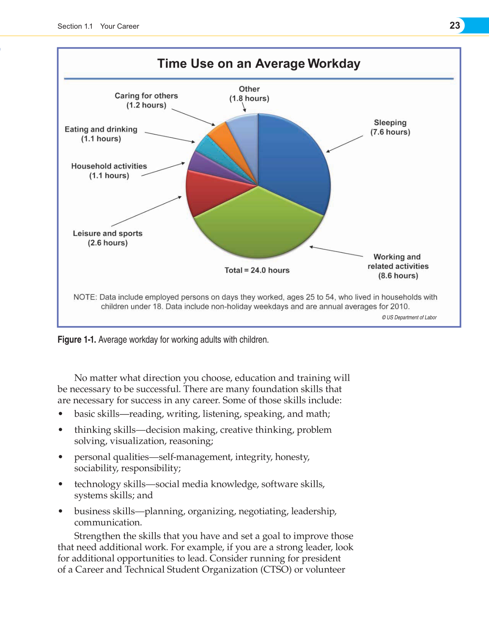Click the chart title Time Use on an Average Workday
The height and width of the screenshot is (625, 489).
(258, 63)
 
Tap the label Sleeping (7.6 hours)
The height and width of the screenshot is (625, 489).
(390, 127)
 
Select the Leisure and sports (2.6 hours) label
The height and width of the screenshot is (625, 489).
(107, 238)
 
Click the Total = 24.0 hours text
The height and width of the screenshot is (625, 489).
(257, 270)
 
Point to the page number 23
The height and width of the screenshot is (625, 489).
(455, 25)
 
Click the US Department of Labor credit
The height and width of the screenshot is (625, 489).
(409, 317)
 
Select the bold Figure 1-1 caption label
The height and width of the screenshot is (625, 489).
(77, 340)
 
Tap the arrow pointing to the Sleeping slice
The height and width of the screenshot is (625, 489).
(344, 144)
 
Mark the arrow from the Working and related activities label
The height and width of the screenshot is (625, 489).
(336, 251)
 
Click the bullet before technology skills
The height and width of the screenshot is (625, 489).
(61, 484)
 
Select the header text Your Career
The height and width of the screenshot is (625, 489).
(119, 26)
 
